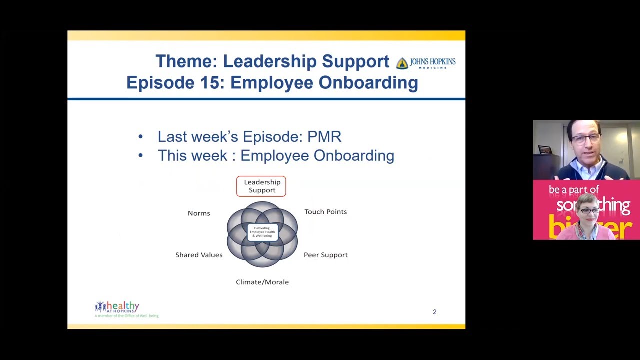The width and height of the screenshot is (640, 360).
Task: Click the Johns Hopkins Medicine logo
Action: click(x=426, y=63)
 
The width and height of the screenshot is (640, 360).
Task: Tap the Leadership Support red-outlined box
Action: click(x=261, y=186)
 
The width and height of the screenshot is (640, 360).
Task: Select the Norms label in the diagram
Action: click(x=199, y=213)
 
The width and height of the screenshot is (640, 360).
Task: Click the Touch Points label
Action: click(x=325, y=212)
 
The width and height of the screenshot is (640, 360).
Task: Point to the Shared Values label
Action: click(x=199, y=255)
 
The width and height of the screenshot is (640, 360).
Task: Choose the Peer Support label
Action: click(x=325, y=255)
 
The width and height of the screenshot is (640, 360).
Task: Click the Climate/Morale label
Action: click(x=262, y=282)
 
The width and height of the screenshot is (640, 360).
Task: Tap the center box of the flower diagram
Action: click(x=262, y=232)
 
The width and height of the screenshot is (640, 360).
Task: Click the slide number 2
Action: click(x=434, y=312)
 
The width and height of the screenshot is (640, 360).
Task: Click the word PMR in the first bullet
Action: click(x=325, y=137)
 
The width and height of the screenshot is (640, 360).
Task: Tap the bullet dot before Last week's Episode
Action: click(x=140, y=137)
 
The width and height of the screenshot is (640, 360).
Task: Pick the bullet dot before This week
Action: click(x=140, y=156)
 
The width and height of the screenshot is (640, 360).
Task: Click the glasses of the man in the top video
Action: click(x=585, y=139)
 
